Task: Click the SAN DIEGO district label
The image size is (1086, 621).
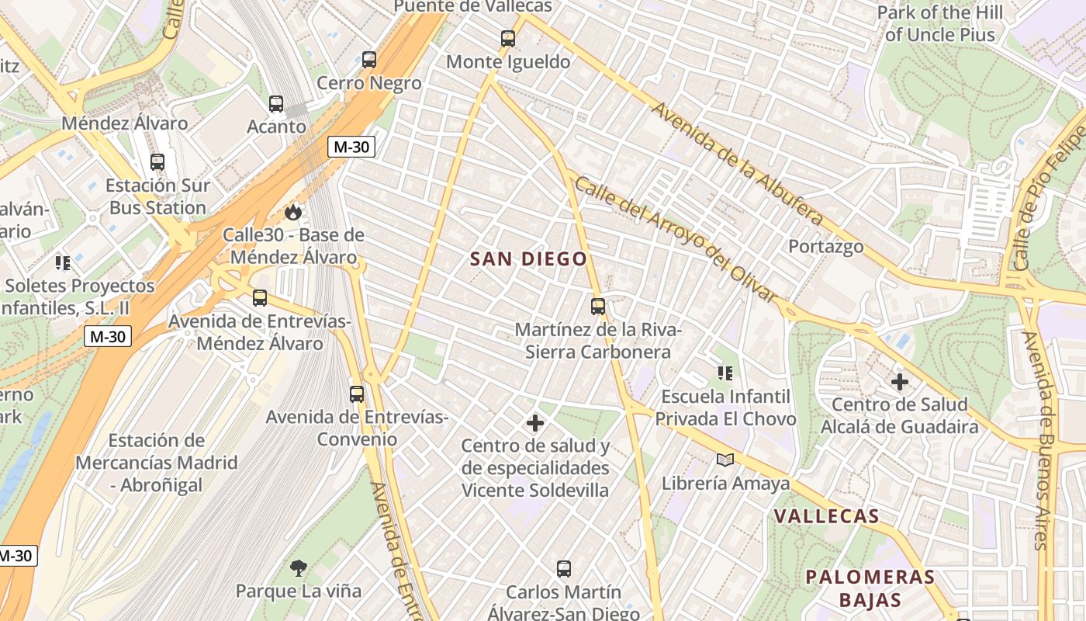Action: point(528,259)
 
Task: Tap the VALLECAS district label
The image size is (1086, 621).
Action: point(826,517)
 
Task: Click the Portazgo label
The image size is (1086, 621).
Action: point(825,247)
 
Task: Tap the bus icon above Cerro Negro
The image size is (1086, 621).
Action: point(369,60)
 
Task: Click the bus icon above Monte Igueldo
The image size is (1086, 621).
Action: point(508,38)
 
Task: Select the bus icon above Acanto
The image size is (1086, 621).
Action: point(276,103)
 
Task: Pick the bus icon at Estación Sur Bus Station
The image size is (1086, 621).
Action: point(157,162)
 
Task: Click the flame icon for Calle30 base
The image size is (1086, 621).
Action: point(292,212)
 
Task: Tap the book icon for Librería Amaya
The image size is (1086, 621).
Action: point(725,460)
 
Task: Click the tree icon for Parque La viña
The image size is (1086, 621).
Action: point(298,568)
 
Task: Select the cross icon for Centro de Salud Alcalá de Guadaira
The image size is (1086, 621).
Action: point(899,382)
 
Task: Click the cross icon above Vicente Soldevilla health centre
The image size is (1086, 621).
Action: point(534,423)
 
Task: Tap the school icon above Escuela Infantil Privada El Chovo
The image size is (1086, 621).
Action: point(725,373)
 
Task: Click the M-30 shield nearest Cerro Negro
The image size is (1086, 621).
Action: point(351,147)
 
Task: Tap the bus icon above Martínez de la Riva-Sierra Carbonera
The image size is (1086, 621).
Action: point(597,307)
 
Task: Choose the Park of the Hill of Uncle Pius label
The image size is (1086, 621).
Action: point(939,23)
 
